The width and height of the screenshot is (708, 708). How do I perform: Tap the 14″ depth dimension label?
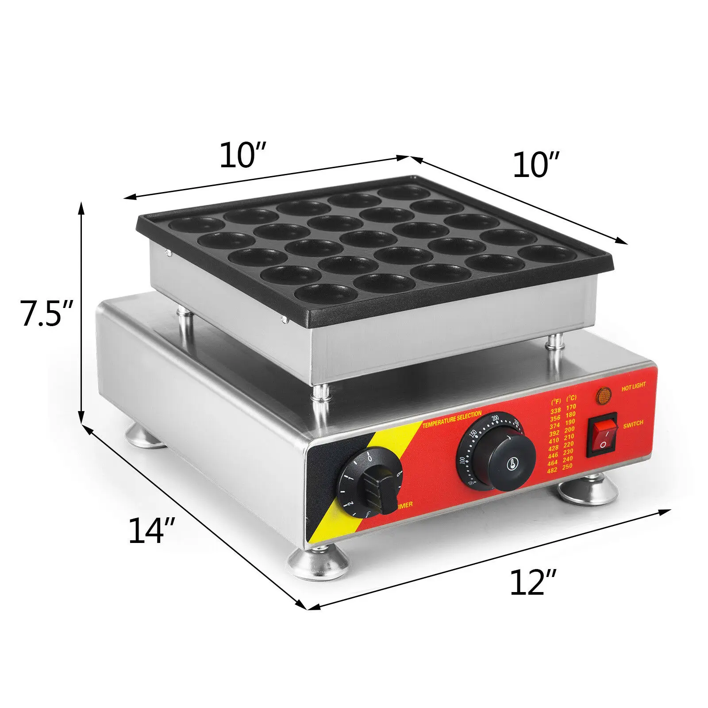click(152, 531)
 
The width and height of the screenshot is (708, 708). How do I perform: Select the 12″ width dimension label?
click(533, 582)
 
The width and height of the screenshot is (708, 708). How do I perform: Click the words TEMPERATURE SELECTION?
click(452, 419)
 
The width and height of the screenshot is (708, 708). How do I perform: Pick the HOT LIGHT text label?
click(633, 387)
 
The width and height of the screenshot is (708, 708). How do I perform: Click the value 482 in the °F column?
click(552, 470)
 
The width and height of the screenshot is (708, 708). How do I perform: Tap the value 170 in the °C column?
click(571, 407)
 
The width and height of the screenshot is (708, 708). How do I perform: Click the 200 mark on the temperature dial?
click(495, 418)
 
